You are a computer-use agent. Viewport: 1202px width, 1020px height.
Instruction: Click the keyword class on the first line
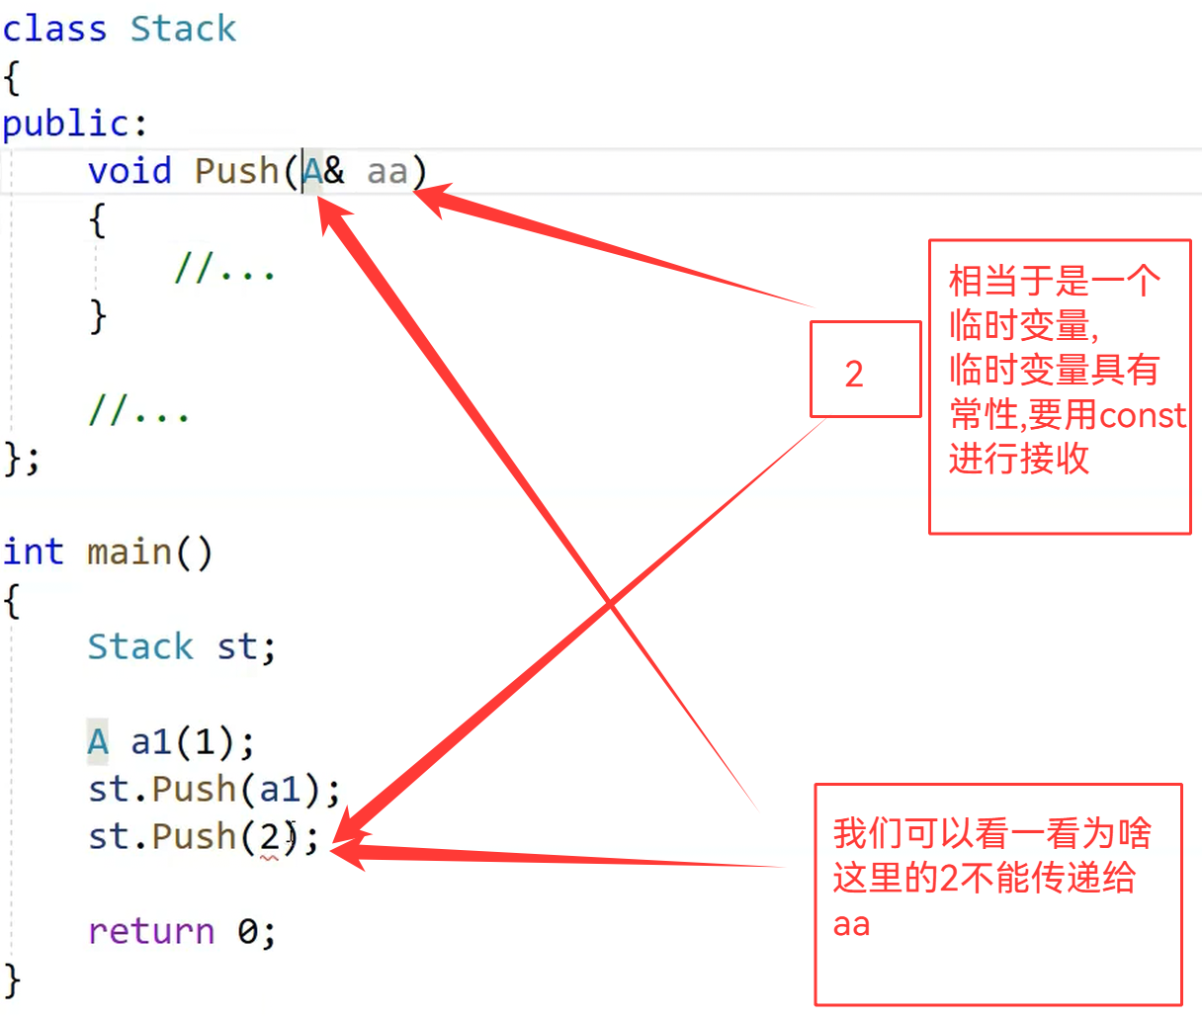pos(54,29)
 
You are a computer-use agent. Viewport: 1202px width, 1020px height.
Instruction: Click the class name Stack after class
pos(184,29)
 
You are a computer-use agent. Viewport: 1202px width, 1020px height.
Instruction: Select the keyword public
pos(65,124)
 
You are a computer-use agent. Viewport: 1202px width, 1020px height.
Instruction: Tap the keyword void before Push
pos(129,171)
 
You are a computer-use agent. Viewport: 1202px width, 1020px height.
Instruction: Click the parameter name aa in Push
pos(387,172)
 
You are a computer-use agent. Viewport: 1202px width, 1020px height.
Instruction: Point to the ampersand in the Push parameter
pos(334,171)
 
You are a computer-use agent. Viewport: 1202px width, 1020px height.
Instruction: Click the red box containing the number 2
pos(865,370)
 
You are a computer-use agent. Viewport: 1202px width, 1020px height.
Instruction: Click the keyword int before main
pos(33,552)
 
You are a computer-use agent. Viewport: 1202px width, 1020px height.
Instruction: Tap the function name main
pos(129,552)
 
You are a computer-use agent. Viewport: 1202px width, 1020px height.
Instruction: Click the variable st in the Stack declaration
pos(237,647)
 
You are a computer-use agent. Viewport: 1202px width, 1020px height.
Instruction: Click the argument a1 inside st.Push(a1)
pos(280,790)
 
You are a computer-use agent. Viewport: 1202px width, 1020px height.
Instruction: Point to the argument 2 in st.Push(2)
pos(270,837)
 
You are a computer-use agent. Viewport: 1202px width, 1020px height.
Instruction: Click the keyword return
pos(151,931)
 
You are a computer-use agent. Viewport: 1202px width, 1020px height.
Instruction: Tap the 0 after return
pos(248,931)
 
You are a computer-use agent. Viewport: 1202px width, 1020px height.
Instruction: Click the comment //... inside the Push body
pos(224,267)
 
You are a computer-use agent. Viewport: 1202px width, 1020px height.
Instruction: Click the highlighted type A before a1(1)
pos(97,741)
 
